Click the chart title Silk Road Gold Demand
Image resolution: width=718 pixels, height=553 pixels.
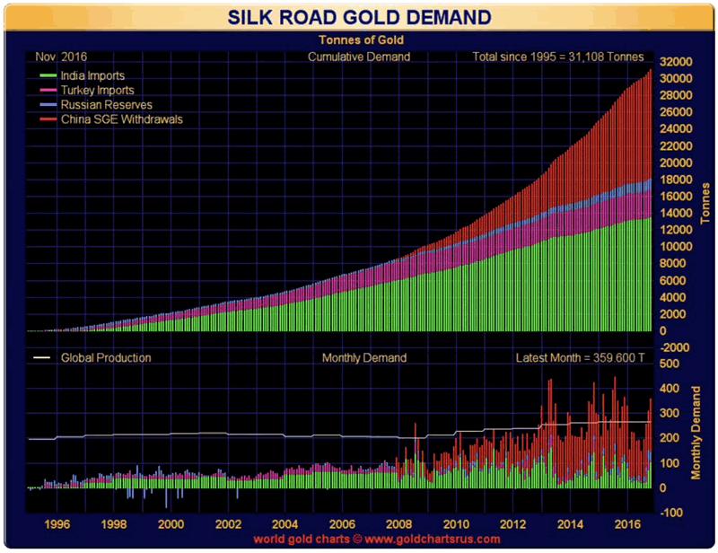click(x=359, y=17)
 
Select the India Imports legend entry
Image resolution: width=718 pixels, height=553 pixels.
click(x=92, y=75)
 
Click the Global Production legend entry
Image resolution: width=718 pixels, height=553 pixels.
click(x=105, y=357)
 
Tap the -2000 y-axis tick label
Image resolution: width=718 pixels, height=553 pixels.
click(x=675, y=347)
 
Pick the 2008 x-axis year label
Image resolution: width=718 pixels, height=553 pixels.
click(x=399, y=524)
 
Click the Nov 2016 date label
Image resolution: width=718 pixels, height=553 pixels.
click(x=58, y=57)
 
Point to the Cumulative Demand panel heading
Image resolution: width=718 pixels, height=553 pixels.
click(x=358, y=57)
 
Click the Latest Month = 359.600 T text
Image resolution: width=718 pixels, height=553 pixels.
click(x=580, y=357)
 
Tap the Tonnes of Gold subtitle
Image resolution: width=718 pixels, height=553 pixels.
click(x=361, y=39)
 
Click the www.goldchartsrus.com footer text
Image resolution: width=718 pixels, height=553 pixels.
click(x=432, y=539)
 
